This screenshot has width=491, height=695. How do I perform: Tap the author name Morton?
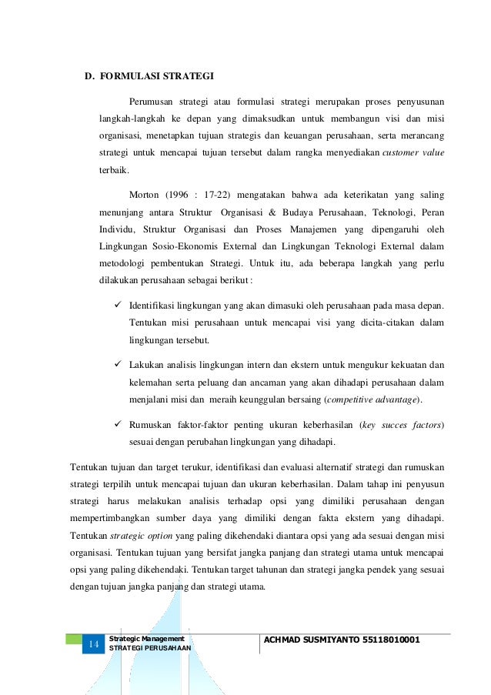click(145, 195)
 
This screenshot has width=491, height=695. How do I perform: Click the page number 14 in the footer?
click(94, 644)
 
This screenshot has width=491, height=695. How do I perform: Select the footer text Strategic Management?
click(146, 639)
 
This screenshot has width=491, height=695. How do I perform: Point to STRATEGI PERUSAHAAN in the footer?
click(150, 649)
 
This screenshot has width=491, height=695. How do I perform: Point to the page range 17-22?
click(228, 195)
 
